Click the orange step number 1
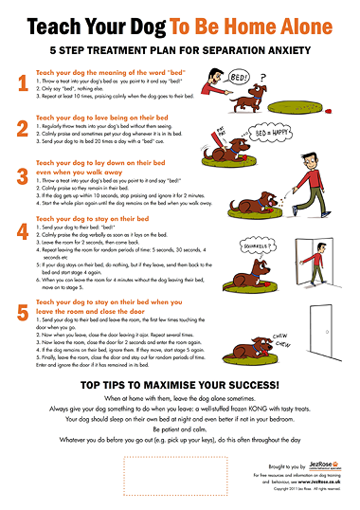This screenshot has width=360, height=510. tap(21, 85)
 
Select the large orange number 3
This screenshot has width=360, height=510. tap(21, 178)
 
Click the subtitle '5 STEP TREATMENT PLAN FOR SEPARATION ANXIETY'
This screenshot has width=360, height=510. tap(180, 49)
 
